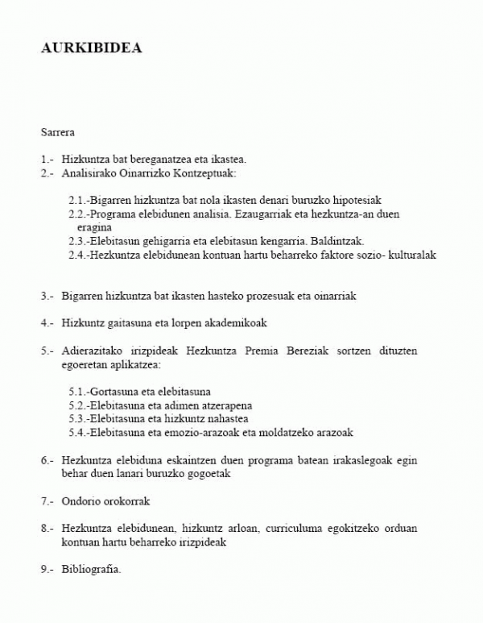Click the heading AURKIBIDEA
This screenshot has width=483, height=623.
pos(91,48)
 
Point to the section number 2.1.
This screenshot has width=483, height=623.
pos(78,200)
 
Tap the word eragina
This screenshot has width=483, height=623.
pos(94,227)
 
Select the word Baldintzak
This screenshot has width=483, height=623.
pos(338,241)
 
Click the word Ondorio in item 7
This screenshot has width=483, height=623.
pos(79,501)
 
